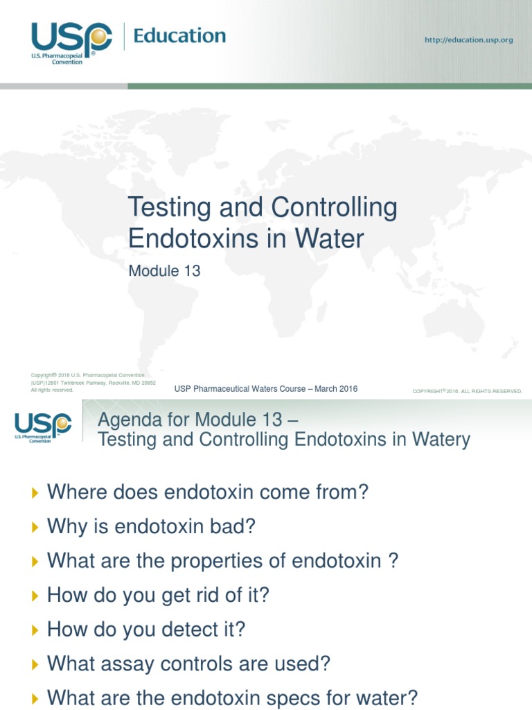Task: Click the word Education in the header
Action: [179, 36]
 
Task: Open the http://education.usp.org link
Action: [468, 40]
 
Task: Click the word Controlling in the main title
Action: [335, 207]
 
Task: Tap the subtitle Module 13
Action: [164, 271]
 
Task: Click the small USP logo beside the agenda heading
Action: [43, 424]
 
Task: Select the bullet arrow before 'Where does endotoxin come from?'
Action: [36, 493]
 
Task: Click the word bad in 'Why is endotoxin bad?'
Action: [238, 527]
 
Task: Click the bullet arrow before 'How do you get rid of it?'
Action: [36, 596]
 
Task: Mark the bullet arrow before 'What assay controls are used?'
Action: [36, 664]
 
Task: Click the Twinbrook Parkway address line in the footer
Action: [93, 383]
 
